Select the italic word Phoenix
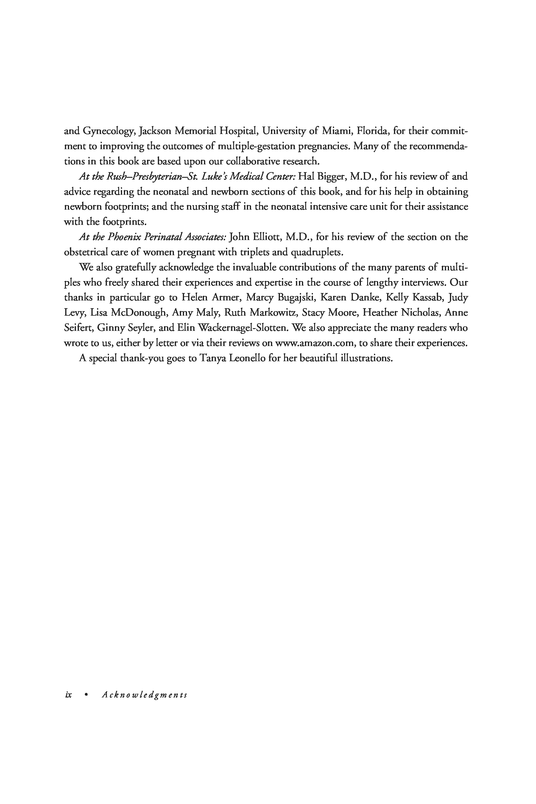(124, 237)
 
